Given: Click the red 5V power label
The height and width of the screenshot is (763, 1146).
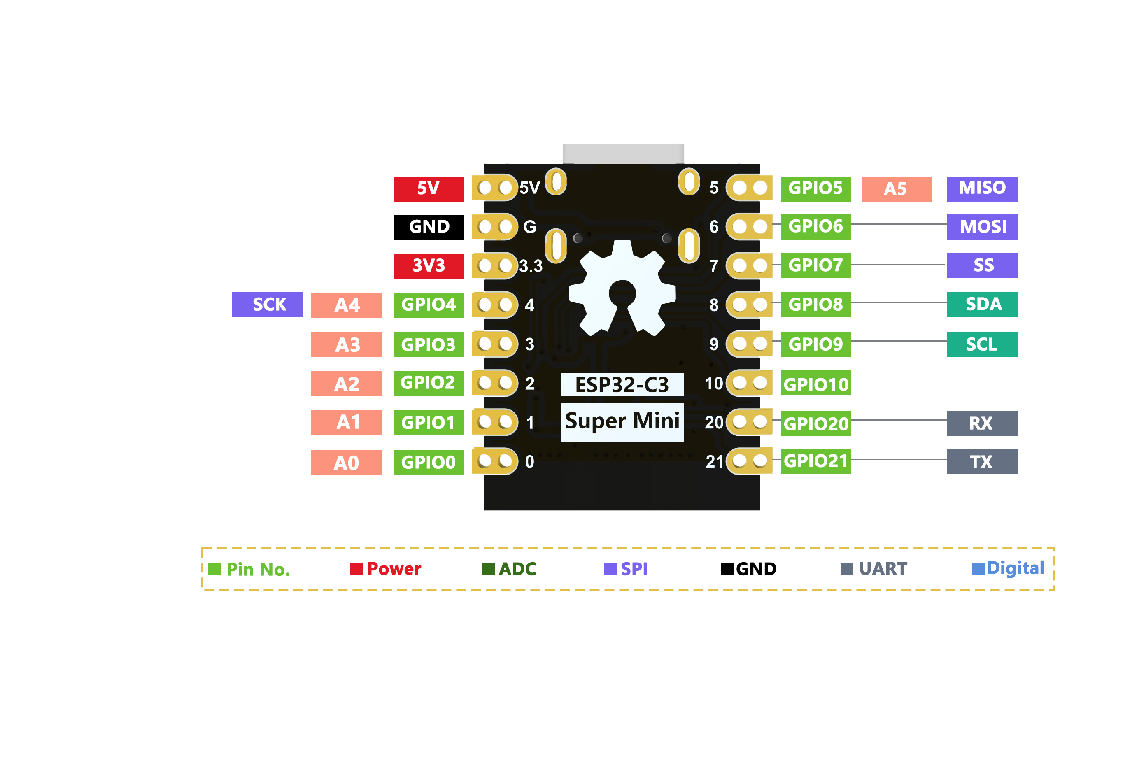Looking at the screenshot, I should point(428,188).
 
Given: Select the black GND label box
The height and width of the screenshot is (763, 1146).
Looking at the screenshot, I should point(428,227).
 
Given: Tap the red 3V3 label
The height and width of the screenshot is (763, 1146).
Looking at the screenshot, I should point(428,266).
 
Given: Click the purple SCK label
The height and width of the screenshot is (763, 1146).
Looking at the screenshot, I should point(267,305).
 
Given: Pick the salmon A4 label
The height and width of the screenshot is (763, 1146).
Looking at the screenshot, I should point(346,305).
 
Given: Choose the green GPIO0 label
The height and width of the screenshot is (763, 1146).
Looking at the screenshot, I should point(428,462).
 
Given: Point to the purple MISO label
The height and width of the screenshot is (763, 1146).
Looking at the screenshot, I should point(981,188).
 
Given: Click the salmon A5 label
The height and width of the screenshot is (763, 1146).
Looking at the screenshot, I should point(896,189).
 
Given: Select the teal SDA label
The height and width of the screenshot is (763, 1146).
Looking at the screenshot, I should point(981,304).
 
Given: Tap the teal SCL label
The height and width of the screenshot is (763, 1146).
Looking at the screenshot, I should point(981,344).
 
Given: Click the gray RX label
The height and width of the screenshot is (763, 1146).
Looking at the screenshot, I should point(981,423).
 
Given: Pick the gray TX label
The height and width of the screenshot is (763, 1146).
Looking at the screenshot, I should point(981,461).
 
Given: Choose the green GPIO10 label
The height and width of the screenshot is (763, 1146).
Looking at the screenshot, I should point(815,384).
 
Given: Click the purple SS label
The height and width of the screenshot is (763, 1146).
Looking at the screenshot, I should point(981,265).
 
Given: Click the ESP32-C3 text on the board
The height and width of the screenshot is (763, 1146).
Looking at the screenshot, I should point(622,384).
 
